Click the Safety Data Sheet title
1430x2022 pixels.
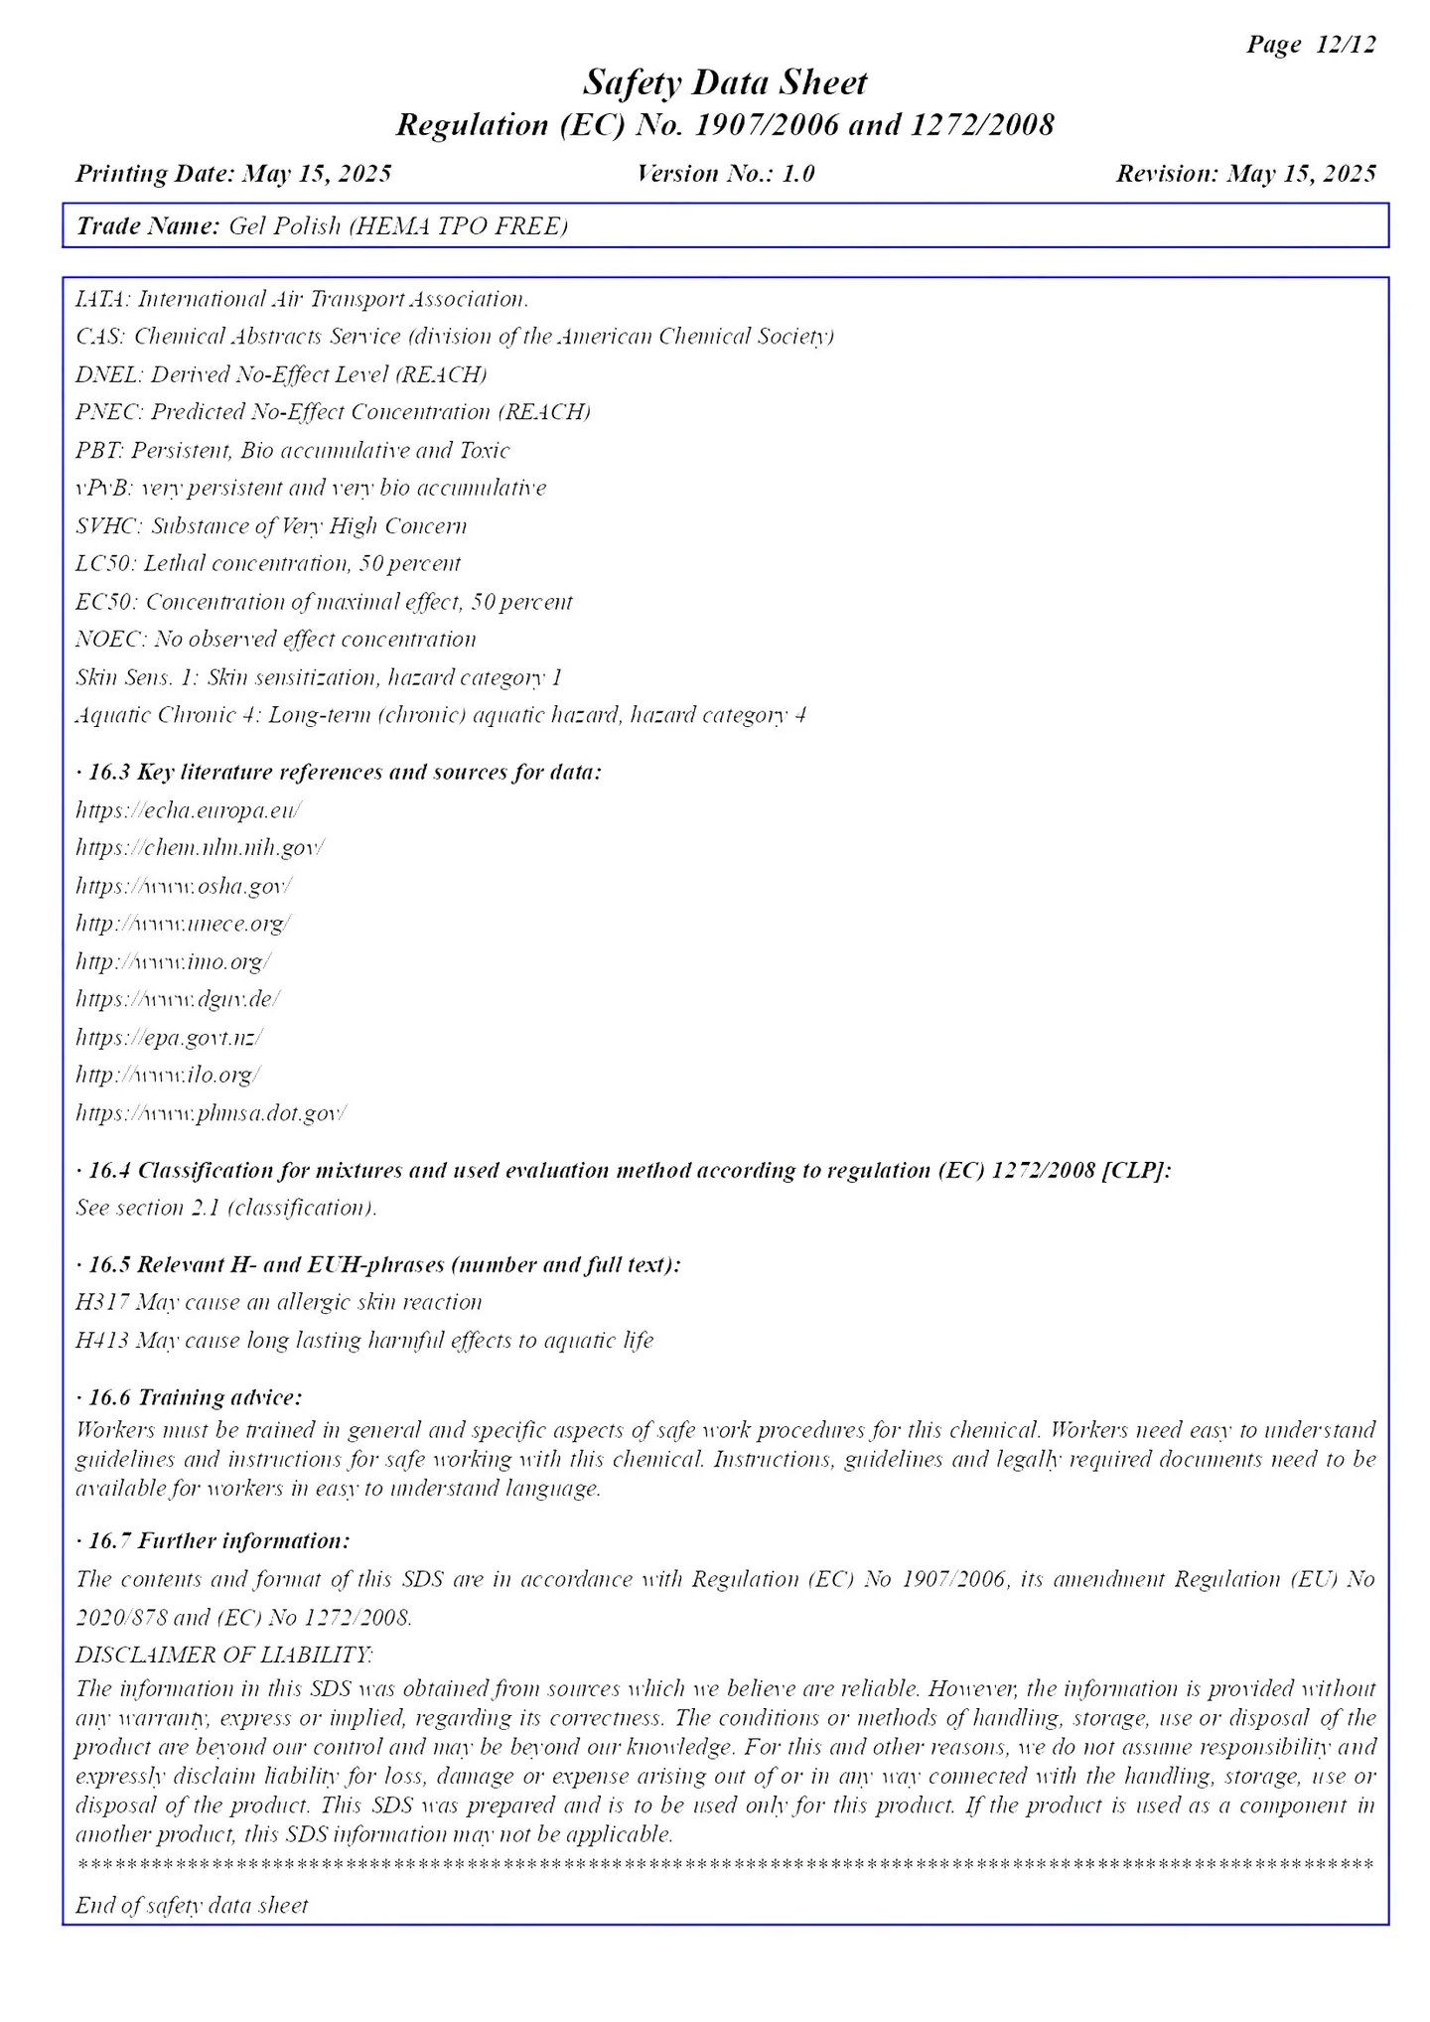(x=725, y=82)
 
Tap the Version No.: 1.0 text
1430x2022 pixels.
(x=725, y=174)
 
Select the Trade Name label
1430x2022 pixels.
(x=148, y=226)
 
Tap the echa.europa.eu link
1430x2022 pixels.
(x=189, y=810)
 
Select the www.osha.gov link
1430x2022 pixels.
(x=184, y=886)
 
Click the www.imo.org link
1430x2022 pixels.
(x=174, y=961)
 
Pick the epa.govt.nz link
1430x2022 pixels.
(x=169, y=1038)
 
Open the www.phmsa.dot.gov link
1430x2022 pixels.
(x=211, y=1113)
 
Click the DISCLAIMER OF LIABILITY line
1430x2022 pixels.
(x=224, y=1655)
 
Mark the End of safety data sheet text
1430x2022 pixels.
(x=192, y=1905)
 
